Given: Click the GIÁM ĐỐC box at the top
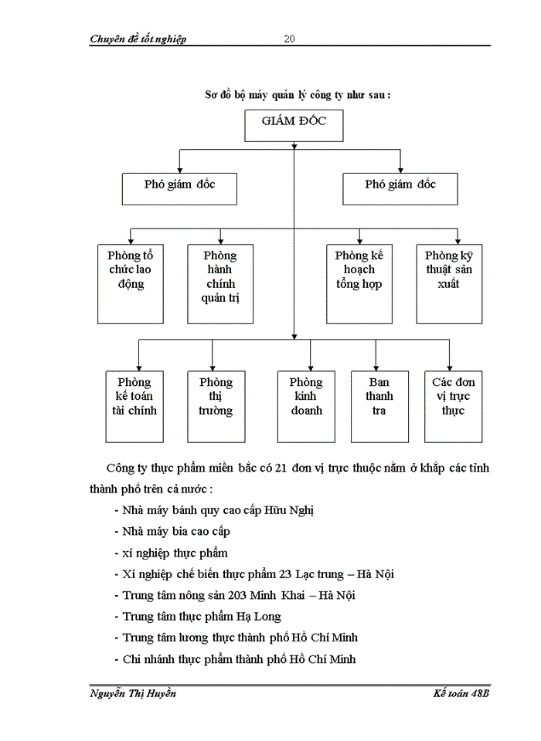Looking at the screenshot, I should pyautogui.click(x=294, y=126).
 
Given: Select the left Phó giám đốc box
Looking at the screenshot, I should pyautogui.click(x=179, y=188).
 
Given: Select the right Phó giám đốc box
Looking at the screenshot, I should pyautogui.click(x=400, y=188).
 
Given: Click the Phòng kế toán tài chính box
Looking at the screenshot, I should pyautogui.click(x=134, y=406).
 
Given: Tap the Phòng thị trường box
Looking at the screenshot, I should pyautogui.click(x=215, y=406).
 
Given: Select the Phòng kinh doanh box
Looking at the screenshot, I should pyautogui.click(x=306, y=406).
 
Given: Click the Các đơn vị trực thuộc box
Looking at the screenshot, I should pyautogui.click(x=453, y=406).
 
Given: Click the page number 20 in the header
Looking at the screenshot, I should pyautogui.click(x=289, y=39).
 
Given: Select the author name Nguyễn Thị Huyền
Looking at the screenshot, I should pyautogui.click(x=133, y=694).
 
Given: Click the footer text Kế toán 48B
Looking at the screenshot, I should pyautogui.click(x=461, y=694).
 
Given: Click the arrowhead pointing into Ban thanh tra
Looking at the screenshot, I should pyautogui.click(x=376, y=367).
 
